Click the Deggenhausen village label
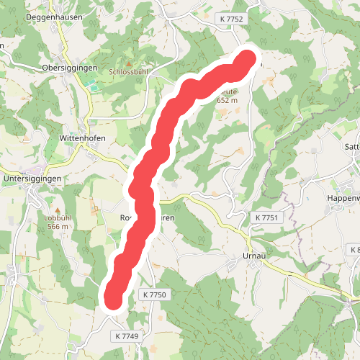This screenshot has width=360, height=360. click(54, 17)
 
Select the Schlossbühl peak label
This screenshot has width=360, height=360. click(129, 72)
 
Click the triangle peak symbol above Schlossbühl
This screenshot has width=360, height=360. click(130, 63)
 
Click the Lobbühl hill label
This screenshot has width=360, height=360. click(56, 217)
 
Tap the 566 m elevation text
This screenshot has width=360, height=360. click(57, 226)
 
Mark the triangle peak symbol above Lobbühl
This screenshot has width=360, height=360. click(57, 208)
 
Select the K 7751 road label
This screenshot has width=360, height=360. click(266, 217)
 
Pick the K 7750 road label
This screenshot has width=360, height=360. click(154, 294)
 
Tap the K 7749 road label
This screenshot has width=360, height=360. click(125, 336)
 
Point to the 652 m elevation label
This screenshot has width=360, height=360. click(228, 101)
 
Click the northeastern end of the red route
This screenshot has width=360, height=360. click(247, 60)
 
